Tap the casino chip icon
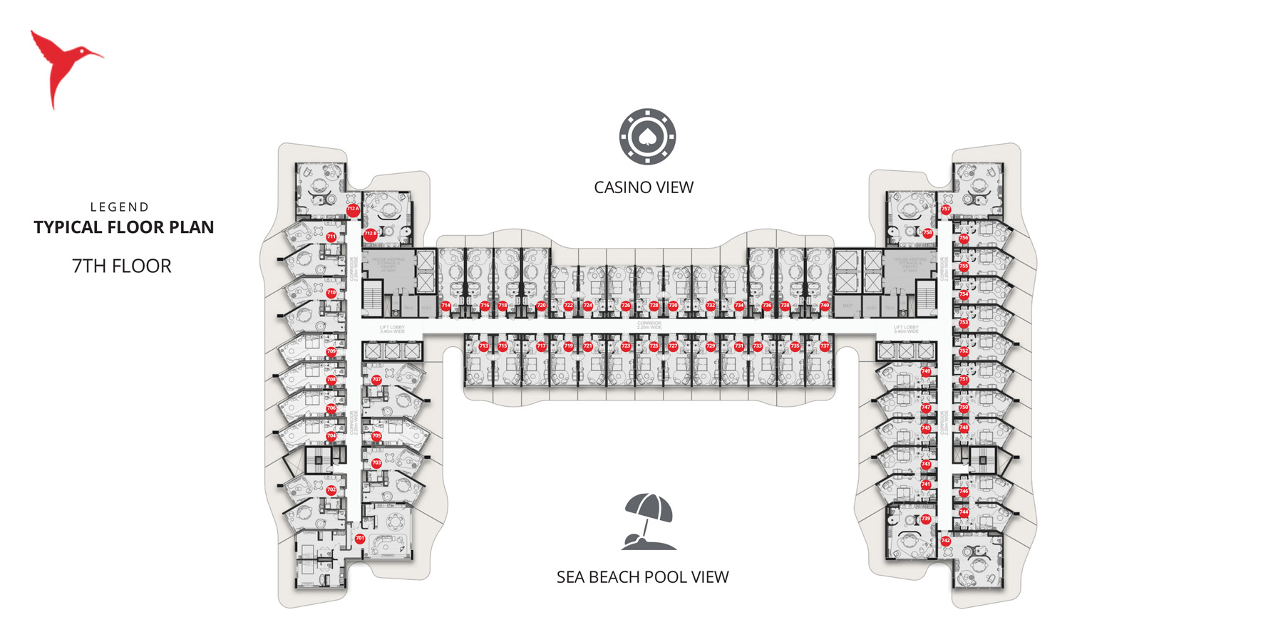tap(647, 137)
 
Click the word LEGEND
tap(120, 207)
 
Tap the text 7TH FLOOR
tap(122, 266)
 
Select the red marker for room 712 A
tap(353, 209)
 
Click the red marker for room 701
tap(360, 539)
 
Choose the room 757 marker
tap(946, 209)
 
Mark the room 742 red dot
tap(946, 541)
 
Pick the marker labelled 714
tap(445, 306)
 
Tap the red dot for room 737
tap(825, 346)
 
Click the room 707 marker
tap(376, 380)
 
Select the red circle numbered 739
tap(926, 519)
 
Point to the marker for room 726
tap(626, 306)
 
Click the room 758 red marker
tap(928, 233)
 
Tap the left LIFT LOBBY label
tap(392, 329)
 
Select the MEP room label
tap(847, 306)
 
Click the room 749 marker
tap(926, 371)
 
